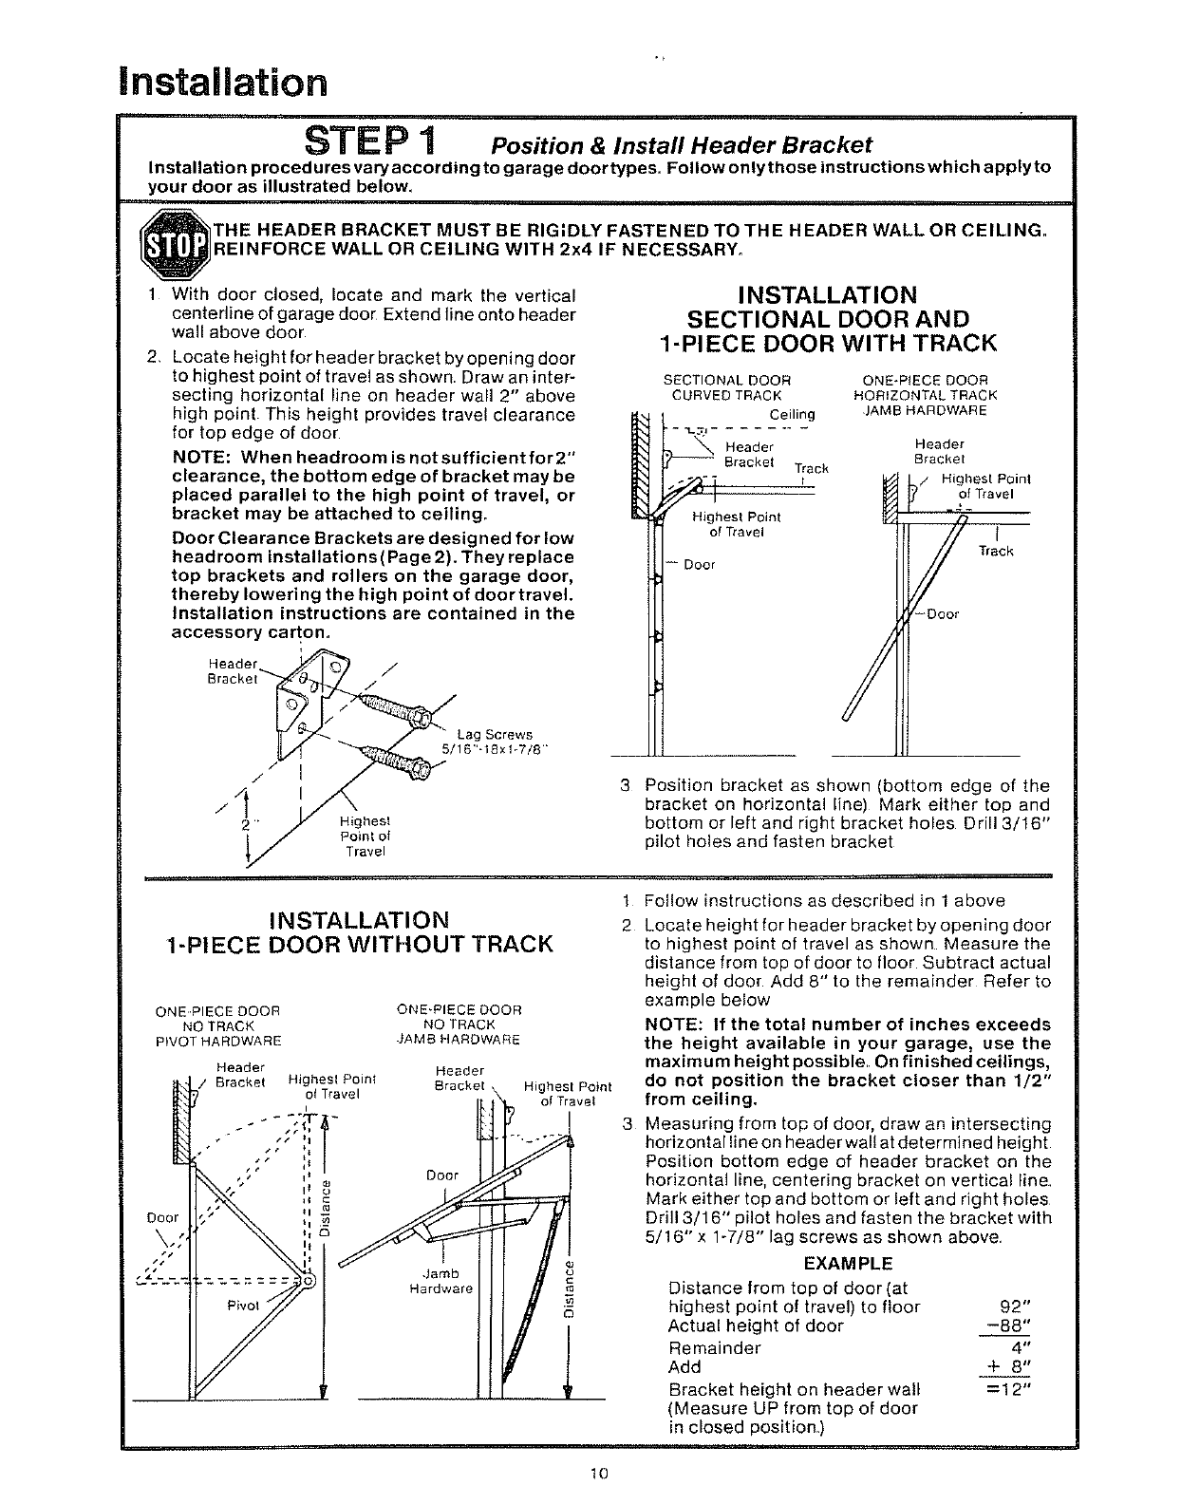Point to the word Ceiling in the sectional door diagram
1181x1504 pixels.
click(792, 415)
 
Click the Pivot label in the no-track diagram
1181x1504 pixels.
click(244, 1306)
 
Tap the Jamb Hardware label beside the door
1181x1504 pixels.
click(441, 1281)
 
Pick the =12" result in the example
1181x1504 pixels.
click(1009, 1390)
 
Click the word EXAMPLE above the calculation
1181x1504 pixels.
click(848, 1264)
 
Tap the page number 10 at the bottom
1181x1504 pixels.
click(597, 1474)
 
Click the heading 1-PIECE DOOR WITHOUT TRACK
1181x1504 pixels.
click(358, 943)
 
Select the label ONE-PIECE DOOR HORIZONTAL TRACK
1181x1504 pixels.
click(926, 388)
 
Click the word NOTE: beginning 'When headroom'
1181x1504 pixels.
click(203, 458)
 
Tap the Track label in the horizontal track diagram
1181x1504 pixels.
click(995, 551)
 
